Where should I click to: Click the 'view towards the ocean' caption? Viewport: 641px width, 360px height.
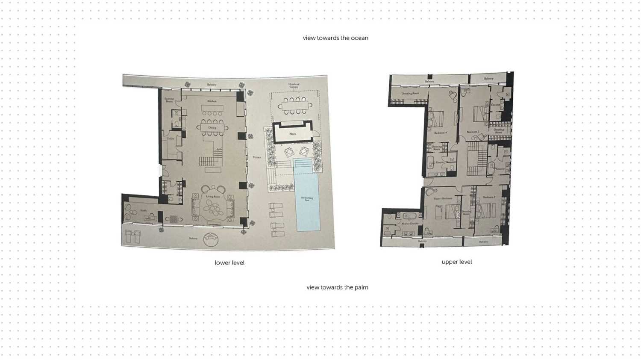tap(335, 38)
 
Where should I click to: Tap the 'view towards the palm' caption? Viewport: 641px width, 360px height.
tap(337, 287)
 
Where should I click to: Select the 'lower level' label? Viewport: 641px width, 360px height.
tap(229, 263)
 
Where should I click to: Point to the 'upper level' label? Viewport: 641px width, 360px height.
tap(457, 262)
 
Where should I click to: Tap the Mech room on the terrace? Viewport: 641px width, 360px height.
tap(293, 133)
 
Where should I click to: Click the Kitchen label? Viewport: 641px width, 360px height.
tap(212, 101)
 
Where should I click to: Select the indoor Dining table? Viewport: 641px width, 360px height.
tap(212, 127)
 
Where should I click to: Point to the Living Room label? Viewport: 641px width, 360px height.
tap(213, 197)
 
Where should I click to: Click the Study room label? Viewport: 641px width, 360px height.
tap(144, 210)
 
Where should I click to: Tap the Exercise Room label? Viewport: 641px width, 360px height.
tap(169, 100)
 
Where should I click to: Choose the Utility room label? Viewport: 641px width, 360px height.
tap(171, 139)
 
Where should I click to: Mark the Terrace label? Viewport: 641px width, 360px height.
tap(257, 157)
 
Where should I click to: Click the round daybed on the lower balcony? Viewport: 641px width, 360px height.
tap(211, 239)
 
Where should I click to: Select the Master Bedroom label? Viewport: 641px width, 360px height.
tap(443, 199)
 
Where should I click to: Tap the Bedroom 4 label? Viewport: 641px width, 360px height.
tap(441, 133)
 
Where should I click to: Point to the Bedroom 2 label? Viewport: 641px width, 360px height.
tap(489, 197)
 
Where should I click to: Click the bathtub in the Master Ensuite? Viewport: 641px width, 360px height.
tap(404, 215)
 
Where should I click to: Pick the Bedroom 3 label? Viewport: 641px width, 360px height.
tap(473, 132)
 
